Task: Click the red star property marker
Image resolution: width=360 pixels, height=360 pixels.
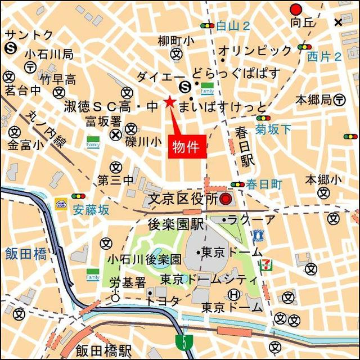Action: [169, 102]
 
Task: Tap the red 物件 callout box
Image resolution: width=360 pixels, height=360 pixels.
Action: [187, 147]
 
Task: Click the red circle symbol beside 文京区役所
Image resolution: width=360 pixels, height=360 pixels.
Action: [226, 199]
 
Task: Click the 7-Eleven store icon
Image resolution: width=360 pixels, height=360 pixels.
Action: [264, 265]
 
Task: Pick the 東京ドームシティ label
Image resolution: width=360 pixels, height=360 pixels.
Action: [208, 279]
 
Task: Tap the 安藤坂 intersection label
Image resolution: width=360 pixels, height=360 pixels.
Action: [91, 210]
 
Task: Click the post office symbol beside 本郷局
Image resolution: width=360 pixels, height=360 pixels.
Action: [339, 100]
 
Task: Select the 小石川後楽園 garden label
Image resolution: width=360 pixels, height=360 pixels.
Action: [145, 260]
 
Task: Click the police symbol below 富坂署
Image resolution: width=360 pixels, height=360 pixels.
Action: [115, 134]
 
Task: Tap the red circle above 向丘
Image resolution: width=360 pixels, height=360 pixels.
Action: [296, 9]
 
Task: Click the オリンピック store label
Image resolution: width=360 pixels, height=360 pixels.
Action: [255, 51]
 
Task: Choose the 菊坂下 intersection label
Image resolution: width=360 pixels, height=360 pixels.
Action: [273, 129]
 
